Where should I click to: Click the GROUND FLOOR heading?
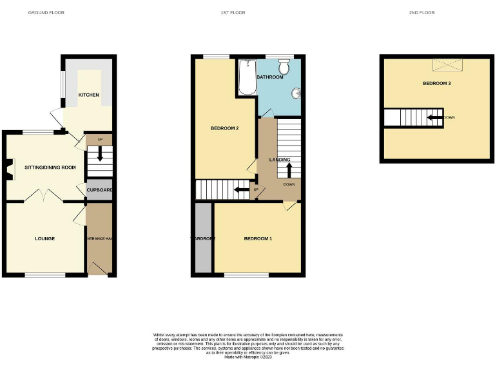click(x=46, y=13)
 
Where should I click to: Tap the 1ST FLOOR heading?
click(x=247, y=13)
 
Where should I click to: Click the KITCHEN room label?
click(x=89, y=95)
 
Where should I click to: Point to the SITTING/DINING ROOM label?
click(x=50, y=167)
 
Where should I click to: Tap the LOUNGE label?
click(x=44, y=239)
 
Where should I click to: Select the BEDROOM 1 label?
click(x=258, y=239)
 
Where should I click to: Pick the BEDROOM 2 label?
click(x=225, y=129)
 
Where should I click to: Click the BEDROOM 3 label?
click(x=436, y=84)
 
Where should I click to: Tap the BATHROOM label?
click(x=269, y=77)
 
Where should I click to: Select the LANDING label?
click(x=280, y=160)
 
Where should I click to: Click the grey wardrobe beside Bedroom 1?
click(x=203, y=238)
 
